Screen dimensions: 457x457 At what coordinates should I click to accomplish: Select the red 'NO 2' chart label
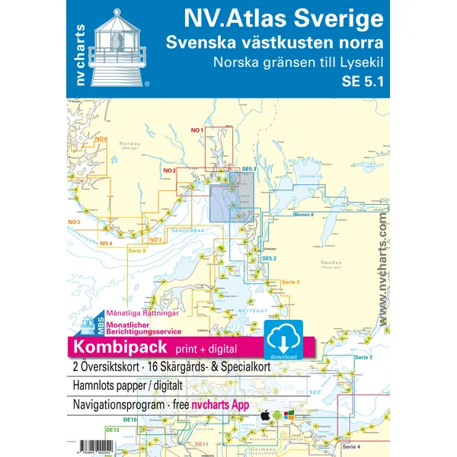tap(170, 170)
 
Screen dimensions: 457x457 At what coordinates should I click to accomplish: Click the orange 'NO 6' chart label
tap(101, 139)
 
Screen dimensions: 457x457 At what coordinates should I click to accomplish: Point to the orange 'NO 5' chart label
tap(74, 222)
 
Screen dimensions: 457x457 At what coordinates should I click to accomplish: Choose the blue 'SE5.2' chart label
tap(269, 259)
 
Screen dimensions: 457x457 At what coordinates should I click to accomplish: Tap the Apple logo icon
tap(264, 417)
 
